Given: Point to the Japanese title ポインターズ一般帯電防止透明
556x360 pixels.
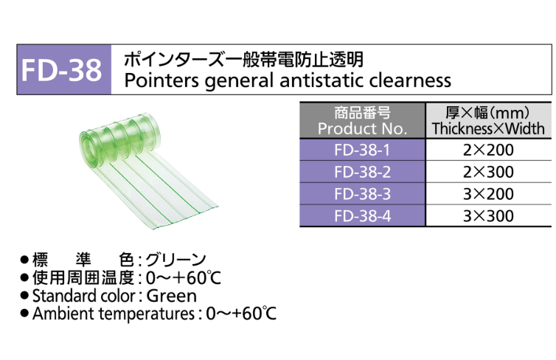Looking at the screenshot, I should (243, 58).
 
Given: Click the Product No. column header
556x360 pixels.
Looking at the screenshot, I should (362, 120).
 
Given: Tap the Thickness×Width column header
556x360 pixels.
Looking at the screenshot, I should (488, 120).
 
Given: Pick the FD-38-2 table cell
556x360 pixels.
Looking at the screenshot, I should (362, 172).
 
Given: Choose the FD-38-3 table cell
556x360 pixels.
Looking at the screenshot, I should (362, 194).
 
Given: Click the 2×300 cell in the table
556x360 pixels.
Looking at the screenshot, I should (488, 172).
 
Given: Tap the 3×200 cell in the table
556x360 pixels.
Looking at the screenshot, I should (488, 194).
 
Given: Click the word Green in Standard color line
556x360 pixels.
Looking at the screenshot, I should (172, 296).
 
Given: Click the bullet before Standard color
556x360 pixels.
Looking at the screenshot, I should (25, 296).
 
